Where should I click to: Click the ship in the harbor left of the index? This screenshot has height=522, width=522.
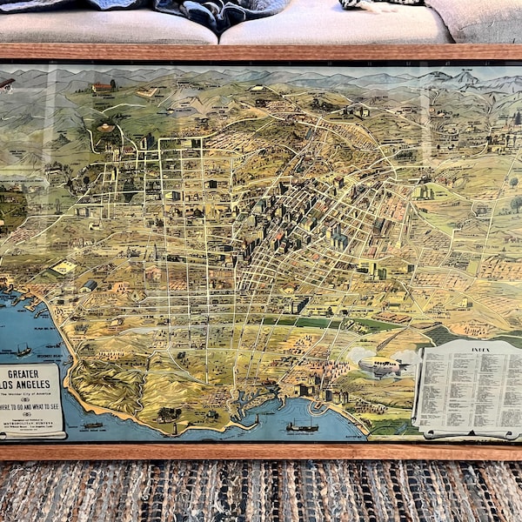(x=302, y=426)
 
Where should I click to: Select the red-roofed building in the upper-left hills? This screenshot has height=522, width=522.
(x=102, y=87)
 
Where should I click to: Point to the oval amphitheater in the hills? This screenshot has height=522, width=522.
(x=105, y=127)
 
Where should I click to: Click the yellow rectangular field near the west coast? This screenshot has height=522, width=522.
(x=64, y=268)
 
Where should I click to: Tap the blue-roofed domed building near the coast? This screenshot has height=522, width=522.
(x=89, y=284)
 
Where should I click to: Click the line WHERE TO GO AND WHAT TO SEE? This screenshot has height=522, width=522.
(x=30, y=404)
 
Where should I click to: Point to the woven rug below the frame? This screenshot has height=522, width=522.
(x=261, y=492)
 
